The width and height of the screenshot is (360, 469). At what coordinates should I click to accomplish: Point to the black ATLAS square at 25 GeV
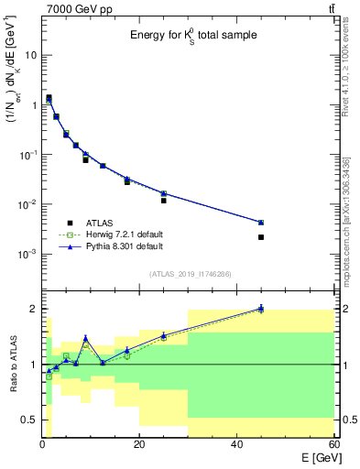pyautogui.click(x=164, y=200)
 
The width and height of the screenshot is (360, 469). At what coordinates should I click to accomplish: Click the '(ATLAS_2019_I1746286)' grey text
pyautogui.click(x=190, y=273)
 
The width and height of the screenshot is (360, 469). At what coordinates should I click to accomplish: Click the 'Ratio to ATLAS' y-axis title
pyautogui.click(x=12, y=366)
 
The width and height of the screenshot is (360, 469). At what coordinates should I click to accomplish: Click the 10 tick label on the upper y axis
pyautogui.click(x=29, y=55)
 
